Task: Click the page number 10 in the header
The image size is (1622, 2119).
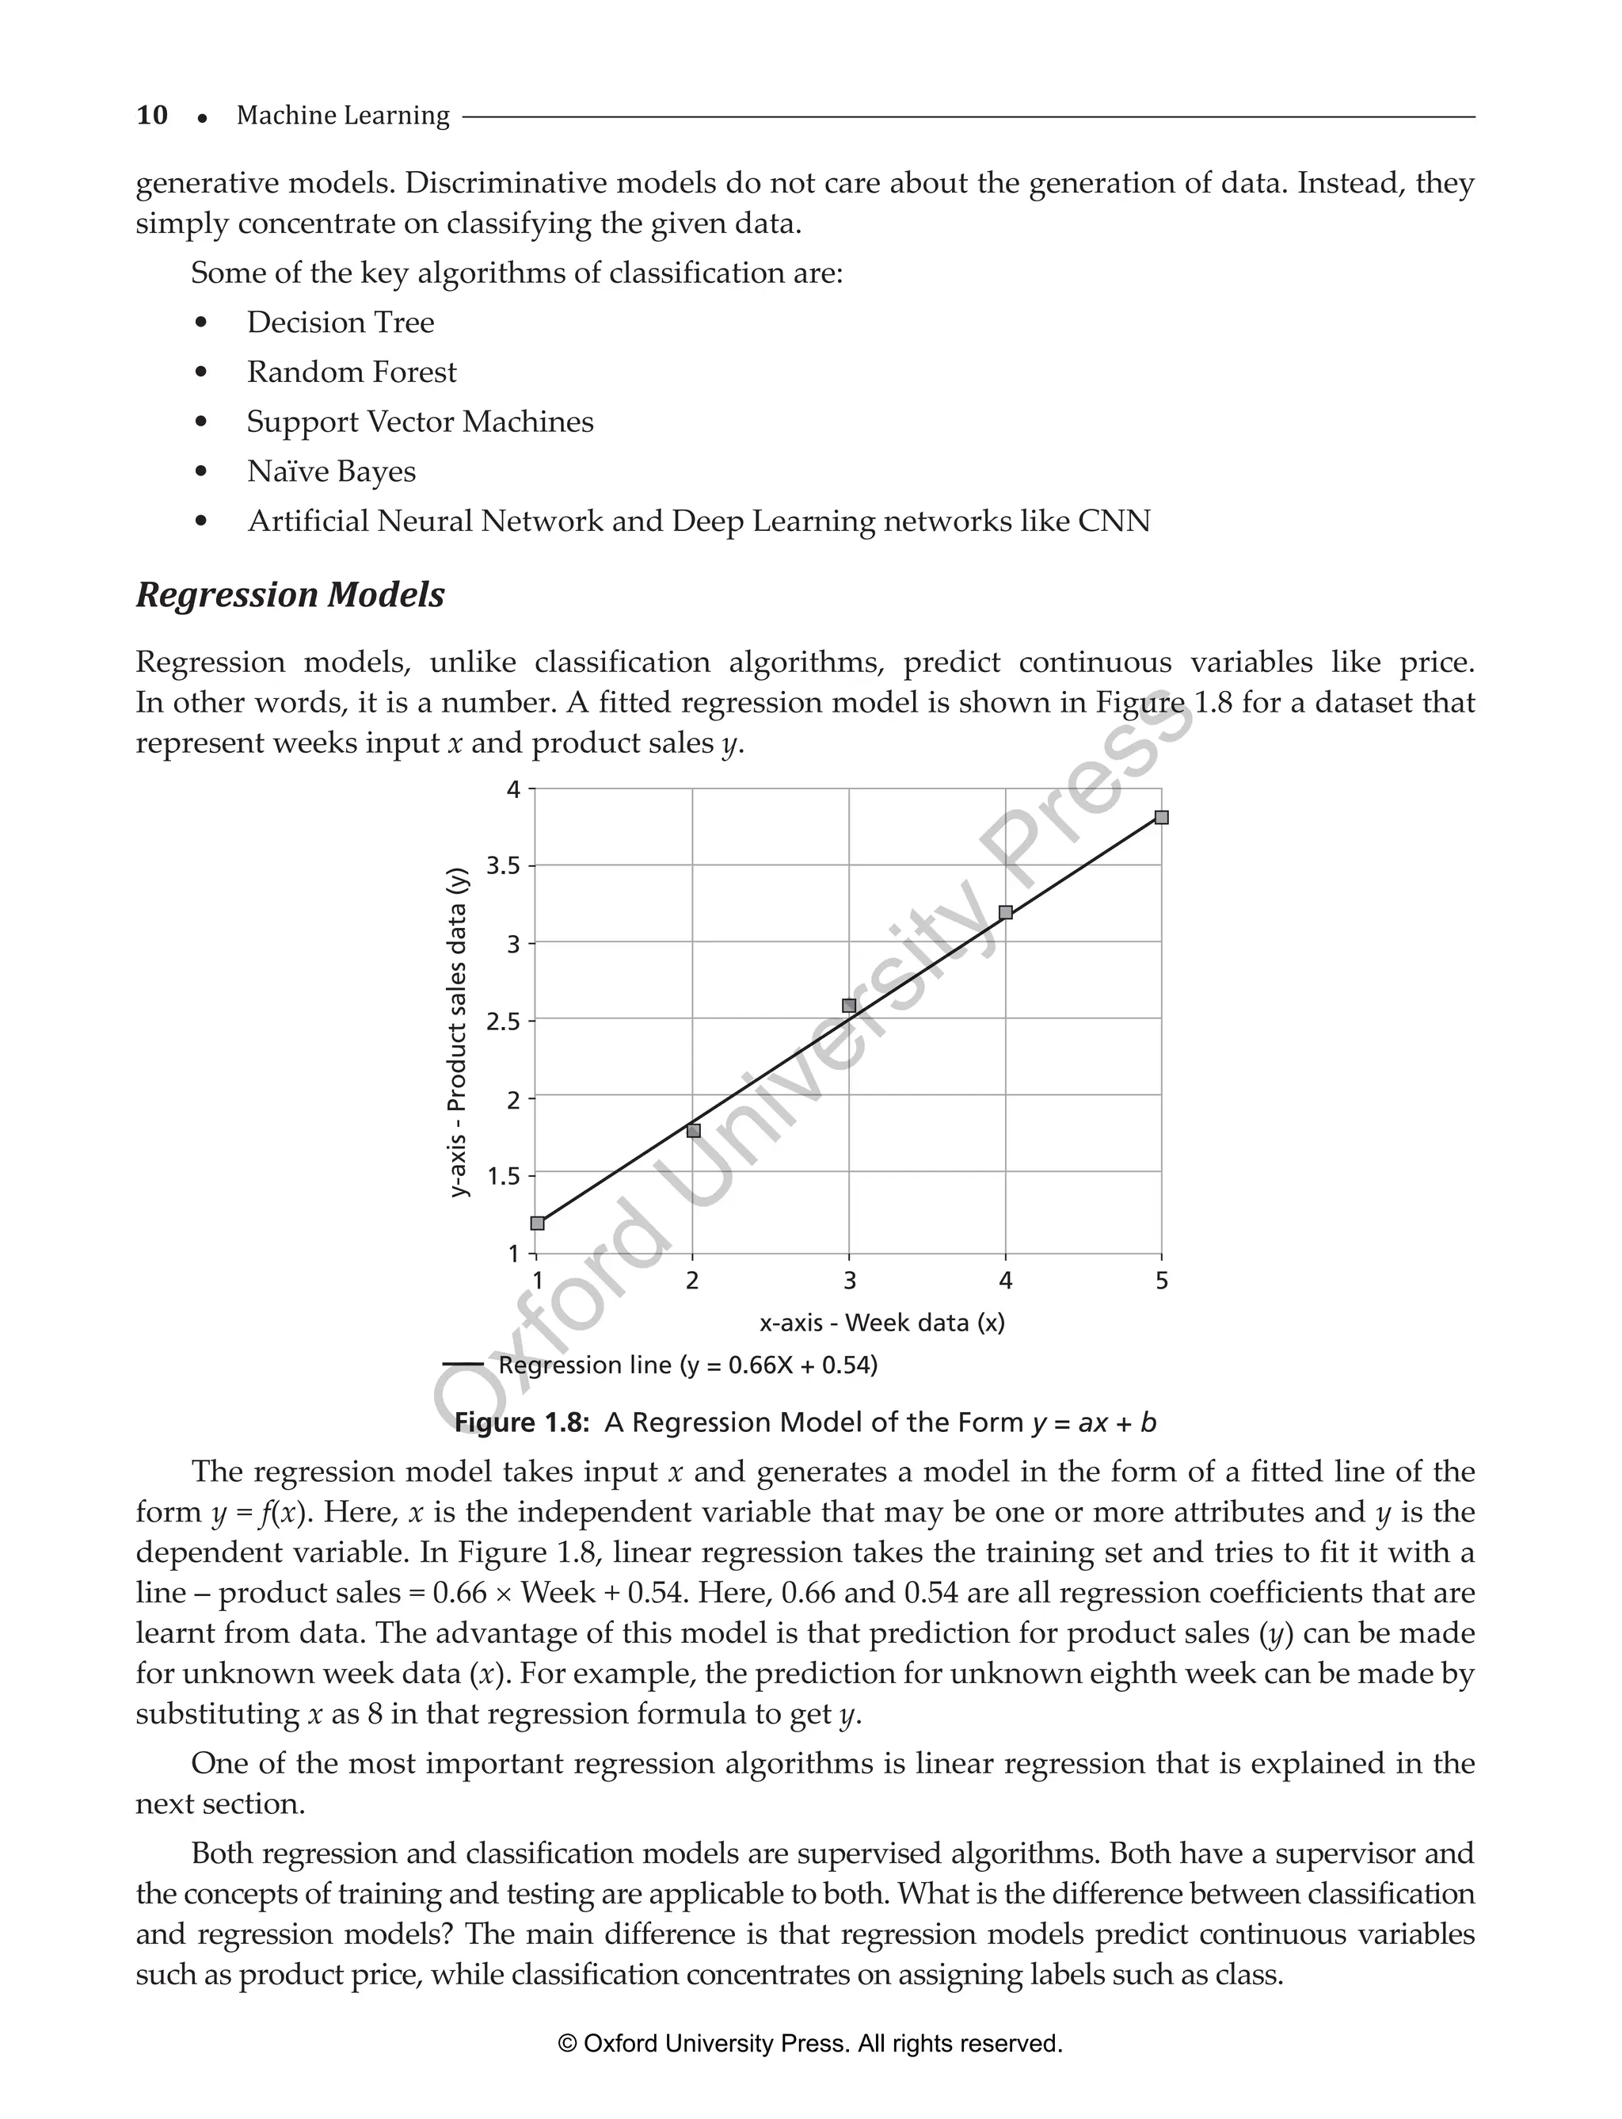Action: click(x=151, y=116)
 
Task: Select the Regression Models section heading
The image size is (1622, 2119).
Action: click(x=290, y=595)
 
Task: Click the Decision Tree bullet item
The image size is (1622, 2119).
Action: click(x=340, y=323)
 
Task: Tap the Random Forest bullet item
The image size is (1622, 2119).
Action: click(x=352, y=372)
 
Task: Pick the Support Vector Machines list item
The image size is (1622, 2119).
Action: click(x=420, y=422)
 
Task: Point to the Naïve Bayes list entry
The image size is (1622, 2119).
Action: click(x=331, y=472)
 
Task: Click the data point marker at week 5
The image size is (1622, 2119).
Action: click(x=1162, y=818)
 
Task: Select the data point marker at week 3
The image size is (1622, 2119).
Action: click(x=850, y=1006)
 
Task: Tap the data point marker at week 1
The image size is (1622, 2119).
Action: click(x=538, y=1224)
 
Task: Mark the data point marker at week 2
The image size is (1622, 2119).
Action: click(x=693, y=1131)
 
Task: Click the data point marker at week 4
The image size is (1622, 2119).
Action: click(x=1006, y=913)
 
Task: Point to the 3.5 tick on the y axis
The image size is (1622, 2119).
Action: click(x=503, y=866)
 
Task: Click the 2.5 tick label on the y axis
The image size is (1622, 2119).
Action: click(x=503, y=1021)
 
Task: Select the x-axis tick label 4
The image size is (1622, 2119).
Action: click(x=1006, y=1281)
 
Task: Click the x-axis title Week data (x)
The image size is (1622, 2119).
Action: click(x=881, y=1323)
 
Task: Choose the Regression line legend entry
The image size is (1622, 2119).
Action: click(x=687, y=1365)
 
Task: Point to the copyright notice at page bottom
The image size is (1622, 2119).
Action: click(x=810, y=2044)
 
